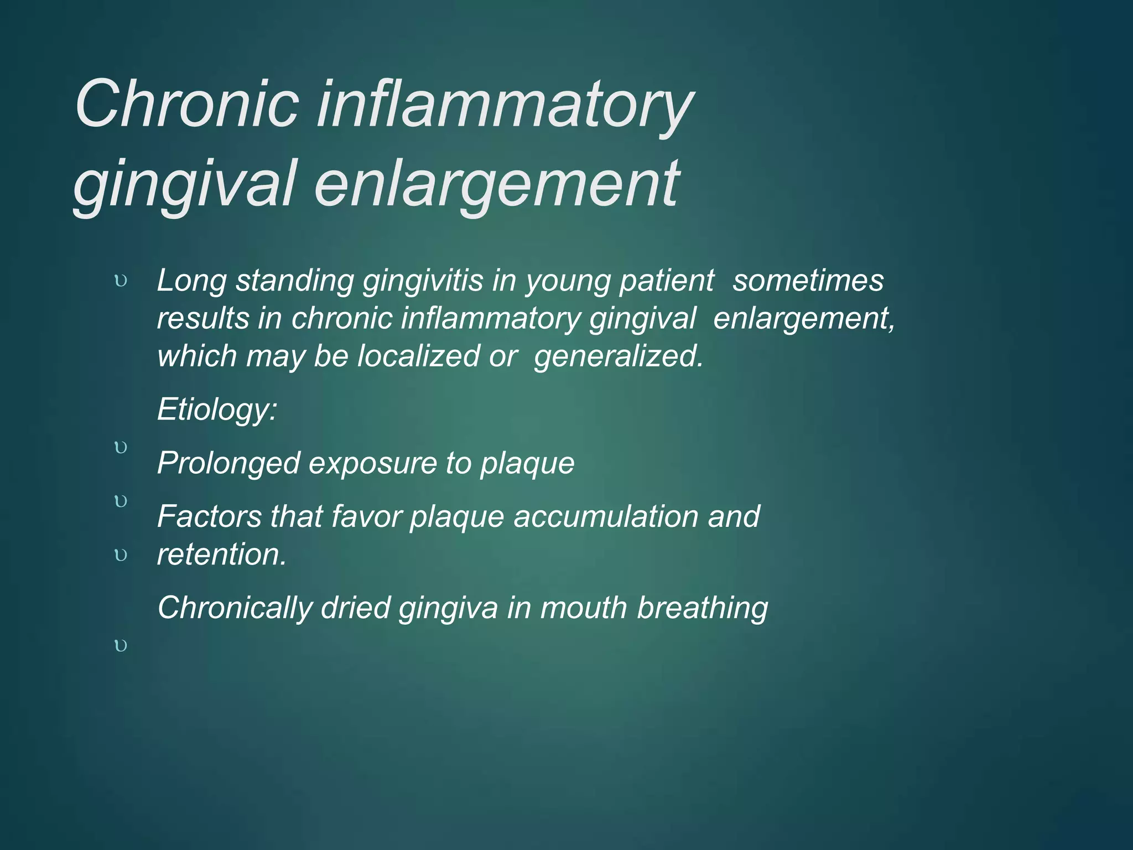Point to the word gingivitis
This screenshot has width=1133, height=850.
[x=423, y=281]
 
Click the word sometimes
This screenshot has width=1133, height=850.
[x=808, y=281]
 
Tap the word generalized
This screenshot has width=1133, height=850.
[x=619, y=356]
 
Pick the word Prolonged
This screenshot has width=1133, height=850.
[x=228, y=463]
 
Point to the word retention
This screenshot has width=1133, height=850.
[x=221, y=554]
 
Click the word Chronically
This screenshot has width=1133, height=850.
[x=235, y=608]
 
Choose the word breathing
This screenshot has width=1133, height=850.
[x=702, y=608]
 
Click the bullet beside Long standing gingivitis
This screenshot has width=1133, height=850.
[x=121, y=281]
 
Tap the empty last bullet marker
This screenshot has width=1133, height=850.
[x=121, y=645]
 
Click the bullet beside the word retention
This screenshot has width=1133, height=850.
[x=121, y=555]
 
